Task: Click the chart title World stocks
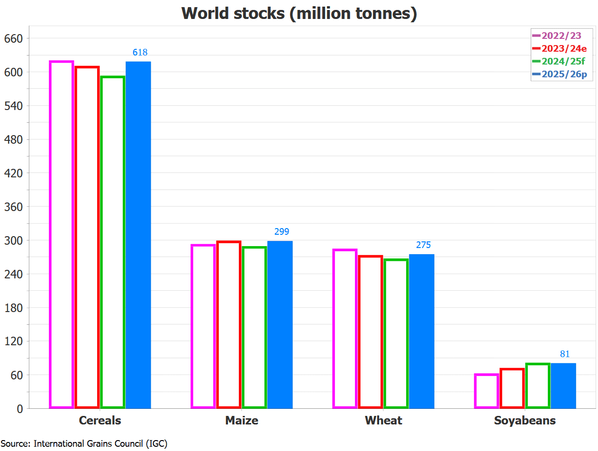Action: [299, 13]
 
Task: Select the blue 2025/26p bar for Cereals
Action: [138, 235]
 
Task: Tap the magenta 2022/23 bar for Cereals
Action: [62, 235]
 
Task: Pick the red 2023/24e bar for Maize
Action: [229, 324]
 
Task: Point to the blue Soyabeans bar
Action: [563, 386]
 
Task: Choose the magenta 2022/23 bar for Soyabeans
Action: [487, 391]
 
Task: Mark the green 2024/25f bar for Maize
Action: [254, 327]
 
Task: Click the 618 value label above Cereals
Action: [140, 53]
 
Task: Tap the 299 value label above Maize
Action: [281, 232]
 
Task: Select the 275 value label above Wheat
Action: [423, 245]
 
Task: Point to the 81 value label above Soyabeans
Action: [565, 354]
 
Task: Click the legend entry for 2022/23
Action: [562, 36]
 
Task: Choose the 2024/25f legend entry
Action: [562, 61]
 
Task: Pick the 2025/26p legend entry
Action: [562, 74]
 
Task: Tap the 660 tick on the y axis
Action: [13, 38]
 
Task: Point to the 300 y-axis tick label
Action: [13, 240]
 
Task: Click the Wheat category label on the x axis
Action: [383, 421]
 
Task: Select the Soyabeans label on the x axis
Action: [525, 421]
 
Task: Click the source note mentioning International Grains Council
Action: [84, 444]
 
